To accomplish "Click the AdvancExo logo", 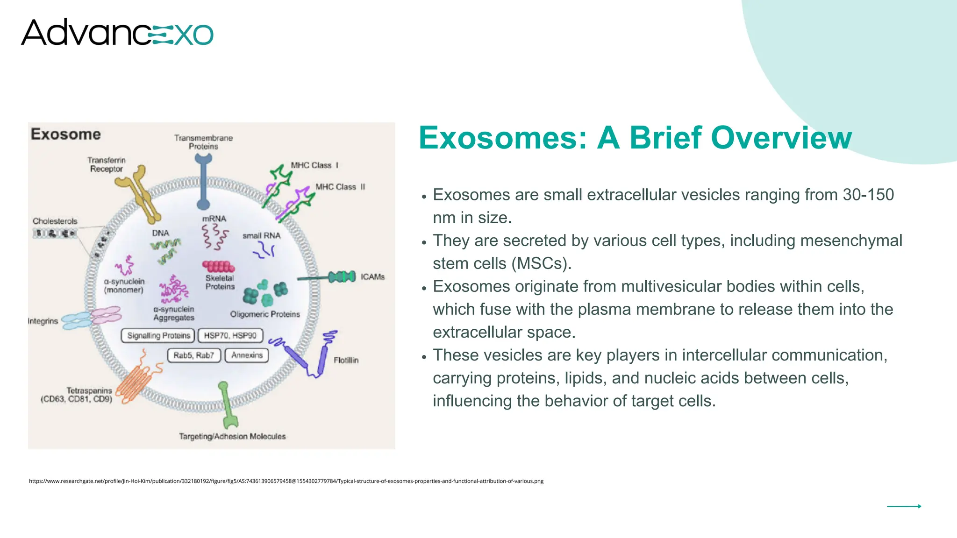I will click(117, 33).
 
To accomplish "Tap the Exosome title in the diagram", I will click(66, 134).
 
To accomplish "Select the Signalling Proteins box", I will click(158, 335).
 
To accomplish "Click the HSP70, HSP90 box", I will click(230, 335).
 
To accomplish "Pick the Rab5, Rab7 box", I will click(193, 355).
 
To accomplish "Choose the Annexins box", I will click(247, 355).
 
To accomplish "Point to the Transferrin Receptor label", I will click(107, 164).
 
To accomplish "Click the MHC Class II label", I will click(340, 187).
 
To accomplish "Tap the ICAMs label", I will click(372, 277).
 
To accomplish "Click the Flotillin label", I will click(346, 360).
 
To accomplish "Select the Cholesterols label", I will click(55, 221).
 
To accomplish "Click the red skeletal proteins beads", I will click(218, 267).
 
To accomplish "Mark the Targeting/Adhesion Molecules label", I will click(232, 436).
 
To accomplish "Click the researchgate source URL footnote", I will click(286, 481).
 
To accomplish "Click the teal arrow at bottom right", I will click(904, 506).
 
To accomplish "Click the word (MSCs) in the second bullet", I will click(542, 263).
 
